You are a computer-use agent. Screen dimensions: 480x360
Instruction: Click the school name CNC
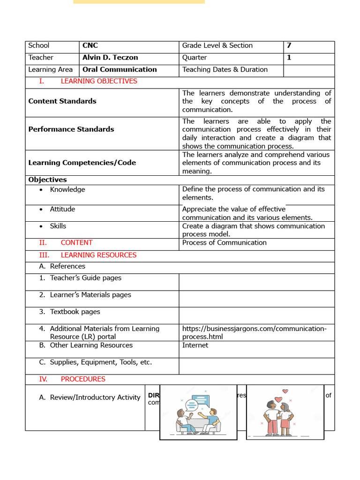click(x=90, y=45)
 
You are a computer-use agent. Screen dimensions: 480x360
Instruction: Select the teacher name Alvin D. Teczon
click(x=110, y=58)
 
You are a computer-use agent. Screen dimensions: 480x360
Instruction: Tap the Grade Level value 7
click(x=289, y=45)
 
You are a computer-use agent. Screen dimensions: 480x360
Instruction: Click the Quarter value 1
click(x=289, y=58)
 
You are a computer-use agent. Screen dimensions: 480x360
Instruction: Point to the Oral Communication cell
click(x=120, y=69)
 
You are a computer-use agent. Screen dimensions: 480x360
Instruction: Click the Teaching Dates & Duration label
click(x=225, y=69)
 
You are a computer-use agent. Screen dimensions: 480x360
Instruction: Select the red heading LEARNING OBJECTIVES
click(x=99, y=81)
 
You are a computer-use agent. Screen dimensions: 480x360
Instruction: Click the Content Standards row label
click(x=62, y=101)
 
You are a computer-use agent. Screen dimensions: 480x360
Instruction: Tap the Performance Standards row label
click(x=71, y=129)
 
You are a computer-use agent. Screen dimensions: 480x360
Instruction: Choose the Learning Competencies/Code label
click(x=82, y=163)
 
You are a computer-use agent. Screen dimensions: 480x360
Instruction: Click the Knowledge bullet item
click(x=67, y=189)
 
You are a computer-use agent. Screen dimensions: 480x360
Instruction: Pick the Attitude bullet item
click(x=62, y=209)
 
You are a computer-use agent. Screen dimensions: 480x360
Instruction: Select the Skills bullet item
click(x=58, y=226)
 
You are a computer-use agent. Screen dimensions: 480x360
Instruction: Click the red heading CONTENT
click(x=76, y=242)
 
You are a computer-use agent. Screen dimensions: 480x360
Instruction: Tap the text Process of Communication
click(x=224, y=242)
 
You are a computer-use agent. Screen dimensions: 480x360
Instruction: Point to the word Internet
click(x=195, y=345)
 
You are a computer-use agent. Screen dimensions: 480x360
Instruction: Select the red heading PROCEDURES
click(x=83, y=379)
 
